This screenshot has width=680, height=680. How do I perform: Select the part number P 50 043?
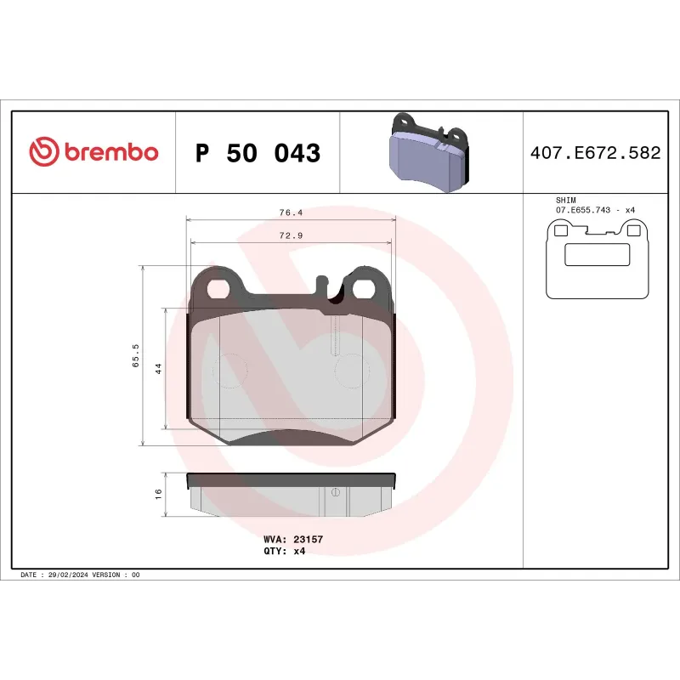[258, 154]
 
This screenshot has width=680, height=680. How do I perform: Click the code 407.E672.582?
[595, 154]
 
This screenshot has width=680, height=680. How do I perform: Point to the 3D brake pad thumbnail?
[430, 153]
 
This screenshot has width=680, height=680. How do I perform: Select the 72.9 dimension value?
[292, 235]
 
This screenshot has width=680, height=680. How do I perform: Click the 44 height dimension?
[158, 368]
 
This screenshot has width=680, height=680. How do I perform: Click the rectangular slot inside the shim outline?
[597, 254]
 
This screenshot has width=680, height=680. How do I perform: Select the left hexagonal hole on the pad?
[218, 289]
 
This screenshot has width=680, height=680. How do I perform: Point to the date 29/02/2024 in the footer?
[68, 575]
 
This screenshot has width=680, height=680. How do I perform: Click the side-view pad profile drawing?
[292, 496]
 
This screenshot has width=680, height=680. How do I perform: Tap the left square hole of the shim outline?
[560, 229]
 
